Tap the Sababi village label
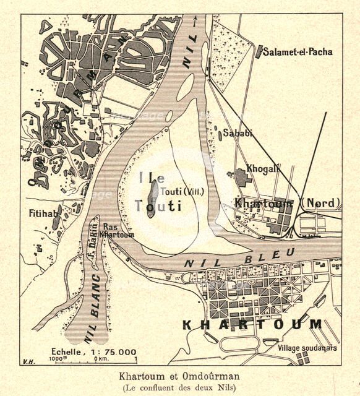point(238,132)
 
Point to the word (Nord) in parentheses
point(321,204)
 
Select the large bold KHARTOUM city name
point(252,324)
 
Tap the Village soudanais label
point(307,348)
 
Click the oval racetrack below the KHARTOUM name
point(241,343)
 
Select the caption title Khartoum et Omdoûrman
point(179,376)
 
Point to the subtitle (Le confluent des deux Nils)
point(179,388)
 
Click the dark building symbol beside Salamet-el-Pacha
point(259,52)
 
